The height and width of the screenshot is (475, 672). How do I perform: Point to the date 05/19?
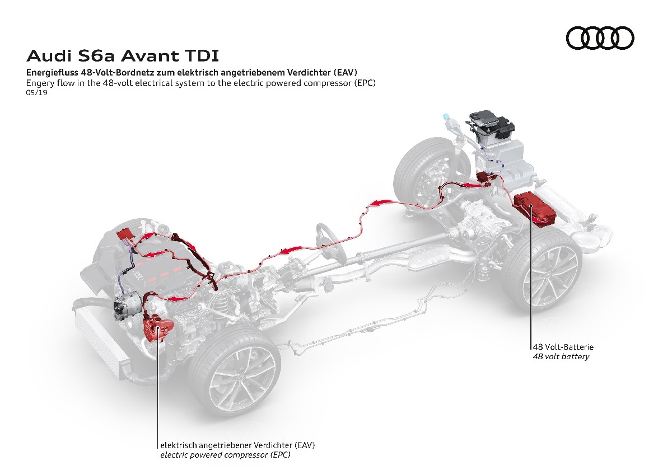click(36, 93)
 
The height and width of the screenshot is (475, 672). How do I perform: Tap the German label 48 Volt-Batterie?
click(563, 347)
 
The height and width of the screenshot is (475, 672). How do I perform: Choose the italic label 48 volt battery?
click(561, 356)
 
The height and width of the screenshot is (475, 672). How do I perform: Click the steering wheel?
click(330, 241)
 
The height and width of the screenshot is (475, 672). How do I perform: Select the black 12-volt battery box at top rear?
click(491, 126)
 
